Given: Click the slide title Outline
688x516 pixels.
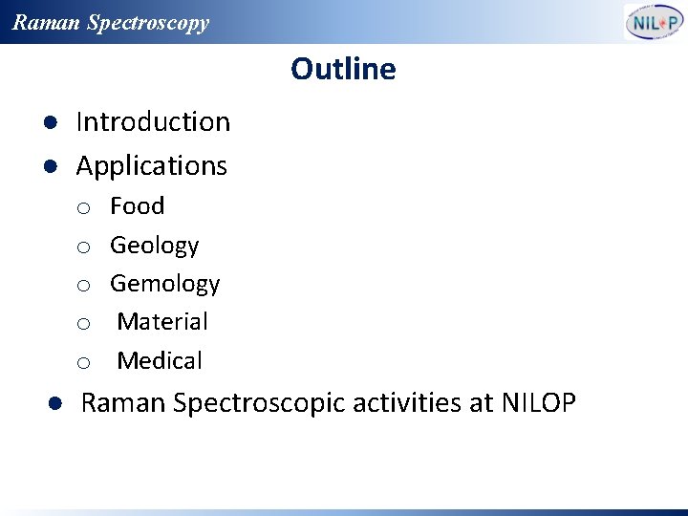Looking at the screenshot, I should point(343,69).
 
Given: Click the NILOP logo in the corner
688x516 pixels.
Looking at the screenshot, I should point(654,22).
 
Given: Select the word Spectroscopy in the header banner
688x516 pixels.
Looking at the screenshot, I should point(147,23).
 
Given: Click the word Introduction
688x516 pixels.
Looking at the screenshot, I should point(153,122).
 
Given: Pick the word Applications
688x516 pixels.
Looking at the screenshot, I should point(151,166).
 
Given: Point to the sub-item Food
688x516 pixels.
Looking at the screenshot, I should point(137,206).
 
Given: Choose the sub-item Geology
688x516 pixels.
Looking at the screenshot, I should point(154,246).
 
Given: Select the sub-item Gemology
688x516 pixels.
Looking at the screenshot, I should point(164,284).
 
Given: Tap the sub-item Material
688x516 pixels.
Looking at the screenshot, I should point(161,322).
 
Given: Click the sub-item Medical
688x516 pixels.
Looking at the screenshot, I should point(160,361).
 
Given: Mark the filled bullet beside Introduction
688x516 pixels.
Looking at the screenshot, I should point(54,123).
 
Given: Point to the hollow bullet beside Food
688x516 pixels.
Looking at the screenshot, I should point(84,208).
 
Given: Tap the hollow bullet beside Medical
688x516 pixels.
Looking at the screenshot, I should point(84,363).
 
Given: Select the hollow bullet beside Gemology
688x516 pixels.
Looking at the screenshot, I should point(84,286).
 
